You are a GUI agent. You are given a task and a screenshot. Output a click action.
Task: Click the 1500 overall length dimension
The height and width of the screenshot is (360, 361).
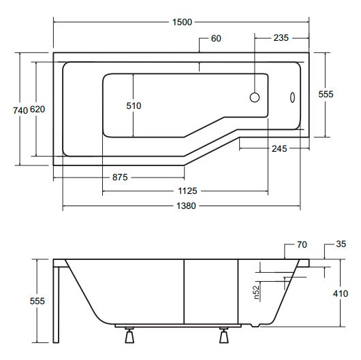tap(182, 22)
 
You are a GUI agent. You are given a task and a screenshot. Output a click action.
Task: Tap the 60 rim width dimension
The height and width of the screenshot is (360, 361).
tap(216, 38)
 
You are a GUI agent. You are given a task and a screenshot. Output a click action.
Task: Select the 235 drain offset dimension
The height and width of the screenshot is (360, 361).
tap(281, 37)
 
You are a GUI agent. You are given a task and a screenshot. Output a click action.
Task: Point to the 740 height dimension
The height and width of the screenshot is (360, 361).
tap(20, 110)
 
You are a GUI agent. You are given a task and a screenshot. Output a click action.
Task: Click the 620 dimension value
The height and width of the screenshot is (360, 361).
tap(37, 110)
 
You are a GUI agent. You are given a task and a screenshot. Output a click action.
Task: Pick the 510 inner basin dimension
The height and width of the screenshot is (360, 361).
tap(134, 105)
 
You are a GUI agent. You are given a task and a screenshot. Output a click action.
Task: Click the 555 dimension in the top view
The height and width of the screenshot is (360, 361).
tap(326, 94)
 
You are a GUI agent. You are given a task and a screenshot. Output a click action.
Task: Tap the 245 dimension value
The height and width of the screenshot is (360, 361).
tap(279, 148)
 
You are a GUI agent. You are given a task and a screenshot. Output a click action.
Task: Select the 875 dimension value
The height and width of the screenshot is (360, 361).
tap(120, 178)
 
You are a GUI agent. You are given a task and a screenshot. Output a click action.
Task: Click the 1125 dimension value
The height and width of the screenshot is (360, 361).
tap(187, 191)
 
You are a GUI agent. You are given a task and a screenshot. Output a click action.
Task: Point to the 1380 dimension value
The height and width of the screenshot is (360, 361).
tap(186, 206)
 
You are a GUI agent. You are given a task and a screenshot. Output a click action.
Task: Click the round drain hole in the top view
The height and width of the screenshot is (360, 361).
tap(255, 97)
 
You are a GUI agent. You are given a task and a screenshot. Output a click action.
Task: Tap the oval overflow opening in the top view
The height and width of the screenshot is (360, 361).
tap(292, 97)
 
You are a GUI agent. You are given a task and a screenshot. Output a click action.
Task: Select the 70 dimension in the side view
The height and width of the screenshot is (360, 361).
tap(302, 244)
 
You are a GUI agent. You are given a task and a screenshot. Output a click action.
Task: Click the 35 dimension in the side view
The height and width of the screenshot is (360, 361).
tap(341, 244)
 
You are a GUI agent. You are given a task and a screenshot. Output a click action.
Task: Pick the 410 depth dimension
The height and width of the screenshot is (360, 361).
tap(341, 293)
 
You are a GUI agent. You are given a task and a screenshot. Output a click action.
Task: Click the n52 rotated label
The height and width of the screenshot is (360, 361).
tap(256, 293)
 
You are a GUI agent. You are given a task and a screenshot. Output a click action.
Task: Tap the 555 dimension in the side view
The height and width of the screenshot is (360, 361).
tap(37, 301)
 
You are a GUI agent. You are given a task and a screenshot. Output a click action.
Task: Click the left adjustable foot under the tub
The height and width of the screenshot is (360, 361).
tap(129, 336)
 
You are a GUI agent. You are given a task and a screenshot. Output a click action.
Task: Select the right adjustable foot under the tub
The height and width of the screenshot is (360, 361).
tap(224, 336)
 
